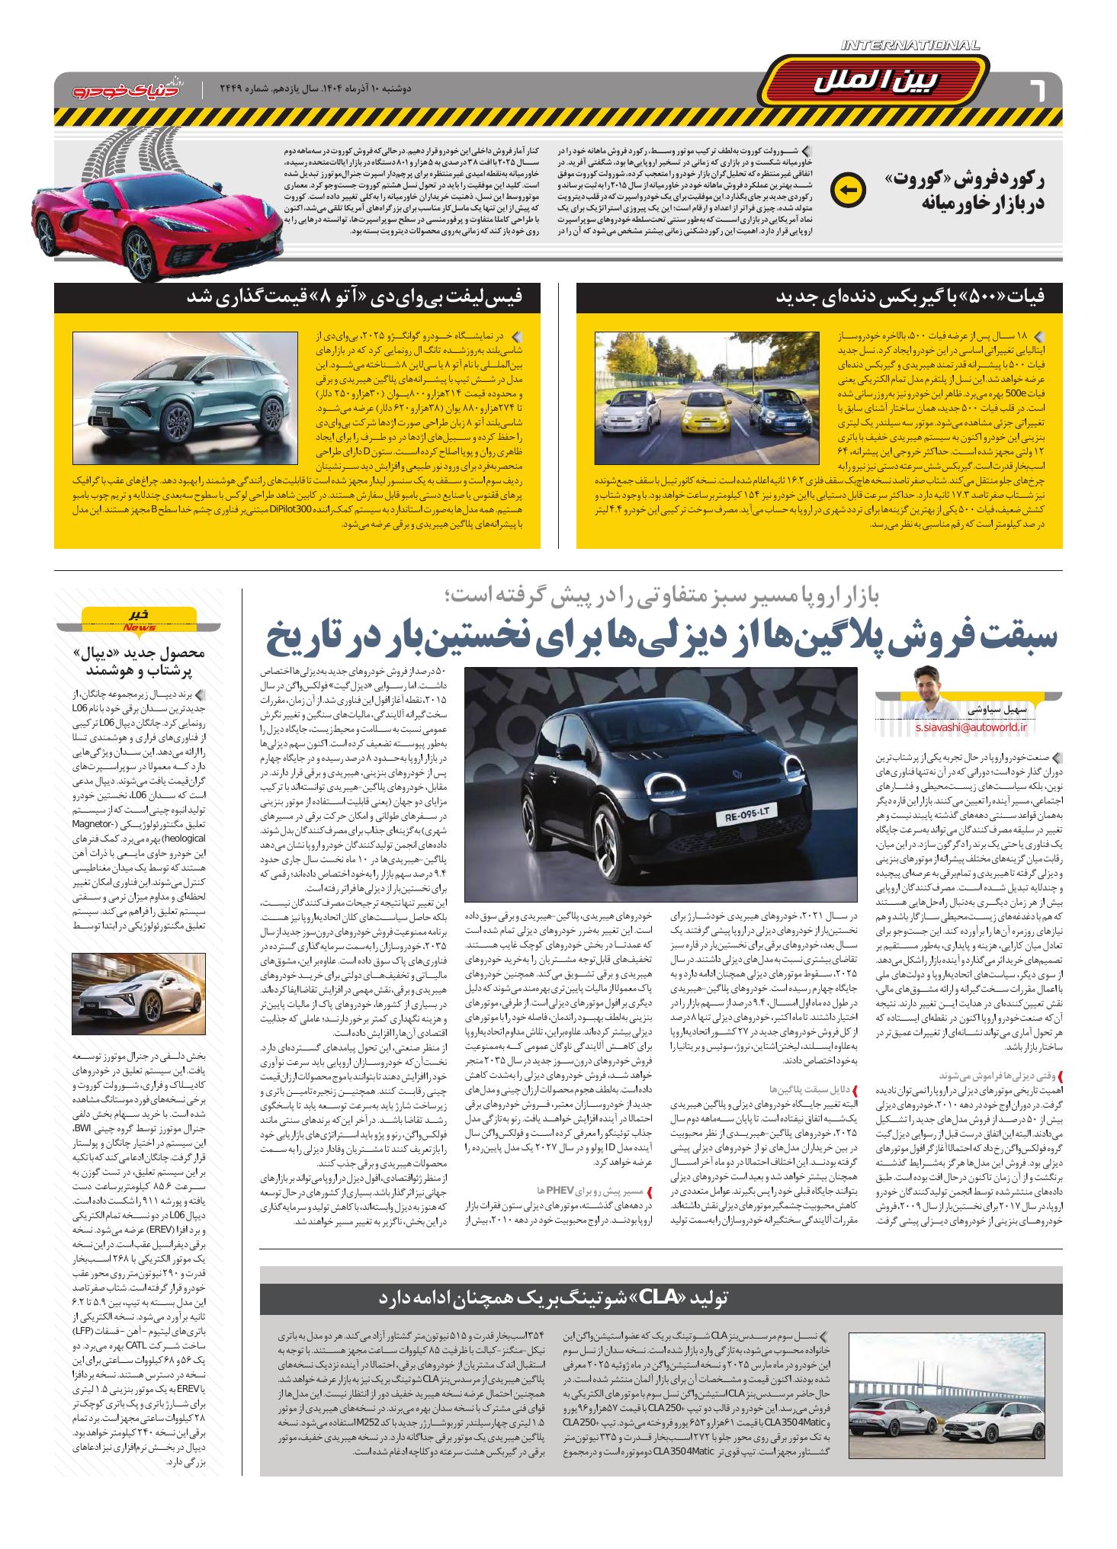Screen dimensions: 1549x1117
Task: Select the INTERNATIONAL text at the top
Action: coord(910,46)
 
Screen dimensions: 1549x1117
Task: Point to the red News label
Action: coord(138,627)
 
